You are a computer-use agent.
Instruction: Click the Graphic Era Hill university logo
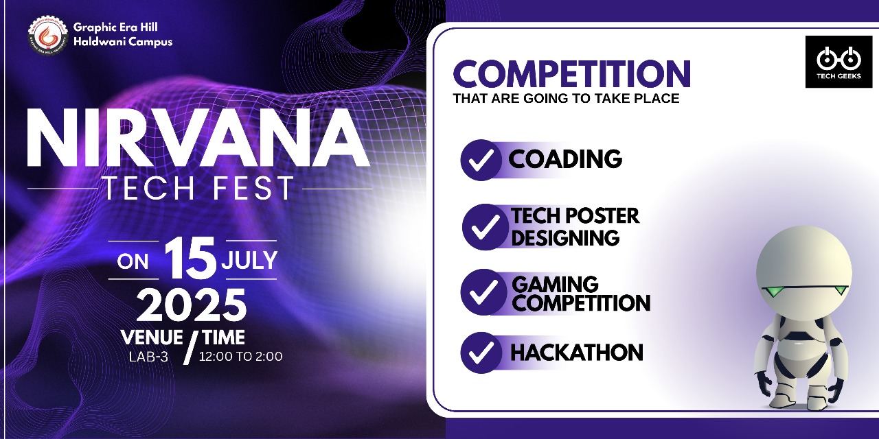click(48, 36)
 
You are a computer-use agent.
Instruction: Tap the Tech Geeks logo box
click(838, 62)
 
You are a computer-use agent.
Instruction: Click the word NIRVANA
click(198, 139)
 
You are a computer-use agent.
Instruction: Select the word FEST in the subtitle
click(254, 188)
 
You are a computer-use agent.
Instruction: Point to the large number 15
click(190, 259)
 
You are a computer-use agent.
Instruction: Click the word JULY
click(249, 260)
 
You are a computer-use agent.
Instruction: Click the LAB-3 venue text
click(148, 357)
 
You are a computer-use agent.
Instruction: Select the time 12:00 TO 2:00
click(240, 356)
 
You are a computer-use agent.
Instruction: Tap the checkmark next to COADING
click(481, 160)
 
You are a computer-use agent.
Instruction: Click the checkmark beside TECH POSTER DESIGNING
click(484, 226)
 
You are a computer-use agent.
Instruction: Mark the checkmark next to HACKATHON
click(481, 353)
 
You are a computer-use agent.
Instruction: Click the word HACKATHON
click(576, 353)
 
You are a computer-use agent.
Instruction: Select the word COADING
click(565, 158)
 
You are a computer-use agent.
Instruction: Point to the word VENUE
click(152, 337)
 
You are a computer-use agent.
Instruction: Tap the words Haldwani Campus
click(123, 42)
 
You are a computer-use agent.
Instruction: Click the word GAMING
click(555, 284)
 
